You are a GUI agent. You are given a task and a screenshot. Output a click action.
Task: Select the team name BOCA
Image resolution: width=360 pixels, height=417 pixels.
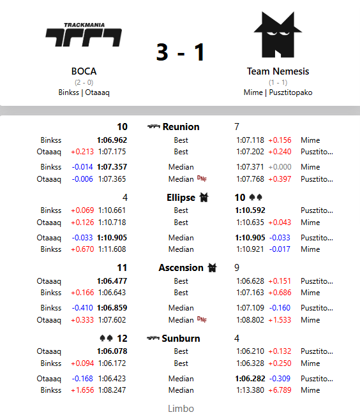[x=84, y=71]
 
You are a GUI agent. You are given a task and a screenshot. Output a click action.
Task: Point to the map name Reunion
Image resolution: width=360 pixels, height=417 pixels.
[x=181, y=127]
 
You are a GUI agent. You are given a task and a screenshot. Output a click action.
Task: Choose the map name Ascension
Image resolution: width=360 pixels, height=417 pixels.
[x=181, y=268]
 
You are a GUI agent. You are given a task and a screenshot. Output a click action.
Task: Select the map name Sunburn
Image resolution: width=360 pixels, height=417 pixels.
[x=181, y=339]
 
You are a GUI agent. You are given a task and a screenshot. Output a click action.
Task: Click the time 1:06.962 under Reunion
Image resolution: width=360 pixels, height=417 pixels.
[x=112, y=140]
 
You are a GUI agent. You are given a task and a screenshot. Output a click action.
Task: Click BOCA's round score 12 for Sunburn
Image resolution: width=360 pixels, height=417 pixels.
[x=121, y=339]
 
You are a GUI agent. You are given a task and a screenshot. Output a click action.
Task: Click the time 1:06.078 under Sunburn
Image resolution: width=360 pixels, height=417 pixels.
[x=112, y=351]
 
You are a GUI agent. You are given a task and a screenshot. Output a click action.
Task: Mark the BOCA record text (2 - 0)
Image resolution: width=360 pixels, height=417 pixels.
[x=84, y=83]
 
